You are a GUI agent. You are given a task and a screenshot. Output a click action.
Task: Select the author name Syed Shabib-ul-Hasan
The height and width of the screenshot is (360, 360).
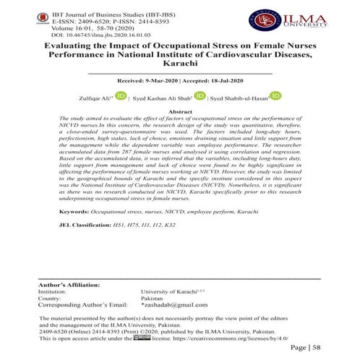(241, 97)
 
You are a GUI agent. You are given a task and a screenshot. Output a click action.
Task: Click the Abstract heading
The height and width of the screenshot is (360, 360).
(179, 113)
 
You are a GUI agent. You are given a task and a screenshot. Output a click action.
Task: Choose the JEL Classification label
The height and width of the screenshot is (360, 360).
(80, 226)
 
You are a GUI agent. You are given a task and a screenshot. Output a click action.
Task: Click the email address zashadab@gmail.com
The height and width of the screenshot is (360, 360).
(171, 306)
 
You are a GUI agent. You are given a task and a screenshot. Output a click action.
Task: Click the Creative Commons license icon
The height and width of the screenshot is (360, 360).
(142, 337)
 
